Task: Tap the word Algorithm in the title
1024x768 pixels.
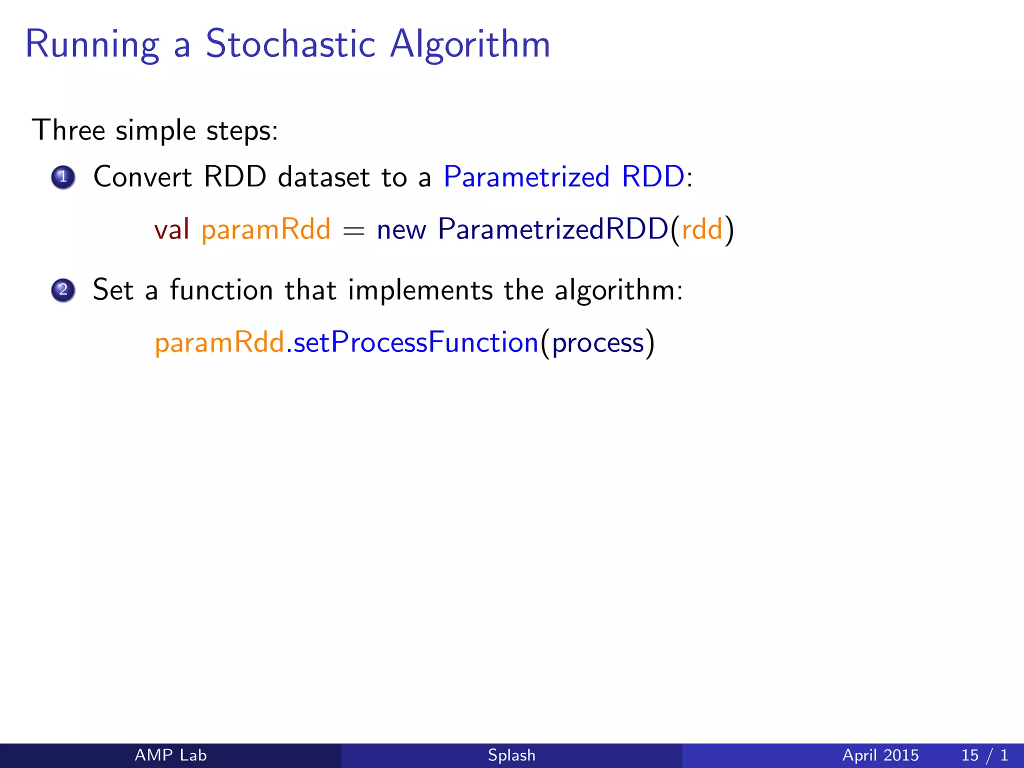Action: [x=470, y=45]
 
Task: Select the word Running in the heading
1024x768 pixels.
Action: [x=92, y=45]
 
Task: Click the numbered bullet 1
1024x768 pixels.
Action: [x=63, y=177]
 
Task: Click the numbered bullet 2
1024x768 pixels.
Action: [x=63, y=290]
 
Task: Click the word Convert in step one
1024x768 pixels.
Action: [x=142, y=177]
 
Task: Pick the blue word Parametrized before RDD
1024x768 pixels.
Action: [x=526, y=177]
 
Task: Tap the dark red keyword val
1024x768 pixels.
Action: [x=171, y=229]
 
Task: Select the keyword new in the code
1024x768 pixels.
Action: [x=401, y=230]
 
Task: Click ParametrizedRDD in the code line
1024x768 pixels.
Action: [x=553, y=229]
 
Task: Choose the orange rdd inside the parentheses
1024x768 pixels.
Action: [x=702, y=229]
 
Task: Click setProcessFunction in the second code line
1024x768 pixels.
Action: [x=415, y=343]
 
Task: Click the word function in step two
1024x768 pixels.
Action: [x=221, y=290]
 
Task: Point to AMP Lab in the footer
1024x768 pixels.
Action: [x=170, y=755]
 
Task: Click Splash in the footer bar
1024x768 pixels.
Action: [x=511, y=755]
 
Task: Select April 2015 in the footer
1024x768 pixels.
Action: [x=880, y=755]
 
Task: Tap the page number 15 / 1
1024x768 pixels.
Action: [x=984, y=755]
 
